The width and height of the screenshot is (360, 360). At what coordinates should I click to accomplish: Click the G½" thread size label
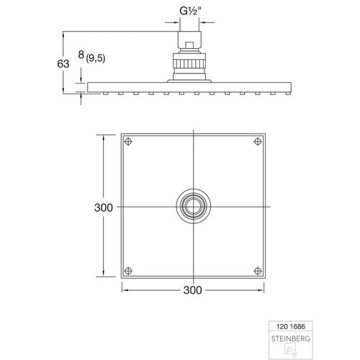[x=190, y=11]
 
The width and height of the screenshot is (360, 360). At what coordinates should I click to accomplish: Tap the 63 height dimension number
[x=63, y=64]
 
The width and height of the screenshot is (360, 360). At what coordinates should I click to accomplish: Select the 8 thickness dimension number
[x=81, y=55]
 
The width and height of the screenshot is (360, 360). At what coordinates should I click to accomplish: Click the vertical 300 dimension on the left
[x=104, y=208]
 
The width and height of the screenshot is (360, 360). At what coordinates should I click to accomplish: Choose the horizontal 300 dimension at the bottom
[x=193, y=290]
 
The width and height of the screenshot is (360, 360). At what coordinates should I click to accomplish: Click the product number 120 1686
[x=291, y=326]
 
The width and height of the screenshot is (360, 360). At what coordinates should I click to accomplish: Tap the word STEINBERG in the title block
[x=291, y=338]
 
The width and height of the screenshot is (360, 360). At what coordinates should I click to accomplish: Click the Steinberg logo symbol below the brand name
[x=291, y=351]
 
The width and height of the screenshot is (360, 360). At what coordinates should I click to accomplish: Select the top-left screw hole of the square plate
[x=128, y=141]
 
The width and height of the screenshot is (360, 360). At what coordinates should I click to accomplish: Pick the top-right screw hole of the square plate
[x=258, y=141]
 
